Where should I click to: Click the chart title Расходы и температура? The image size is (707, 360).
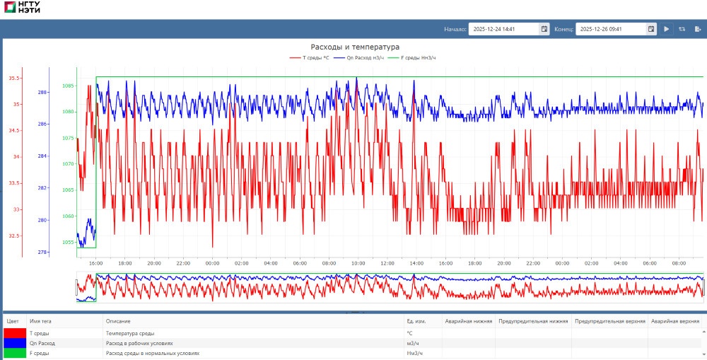click(x=355, y=47)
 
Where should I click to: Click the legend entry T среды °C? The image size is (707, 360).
click(x=310, y=57)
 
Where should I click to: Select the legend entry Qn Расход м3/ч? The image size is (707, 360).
click(x=360, y=57)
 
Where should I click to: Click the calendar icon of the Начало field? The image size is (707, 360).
click(x=544, y=29)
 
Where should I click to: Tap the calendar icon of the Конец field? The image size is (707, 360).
click(x=651, y=29)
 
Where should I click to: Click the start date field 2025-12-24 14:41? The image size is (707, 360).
click(x=503, y=29)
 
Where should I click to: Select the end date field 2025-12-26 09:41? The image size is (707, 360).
click(x=609, y=29)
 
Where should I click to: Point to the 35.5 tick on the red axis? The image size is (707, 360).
click(x=14, y=79)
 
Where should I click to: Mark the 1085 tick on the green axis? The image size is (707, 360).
click(x=68, y=86)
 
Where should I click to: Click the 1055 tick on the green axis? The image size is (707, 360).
click(x=68, y=242)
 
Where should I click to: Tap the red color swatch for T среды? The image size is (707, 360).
click(x=14, y=333)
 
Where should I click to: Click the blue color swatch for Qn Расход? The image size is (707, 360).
click(x=14, y=343)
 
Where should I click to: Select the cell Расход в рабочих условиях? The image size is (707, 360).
click(x=139, y=343)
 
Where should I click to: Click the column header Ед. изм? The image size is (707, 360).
click(x=415, y=321)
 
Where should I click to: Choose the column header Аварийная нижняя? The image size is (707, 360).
click(x=468, y=321)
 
